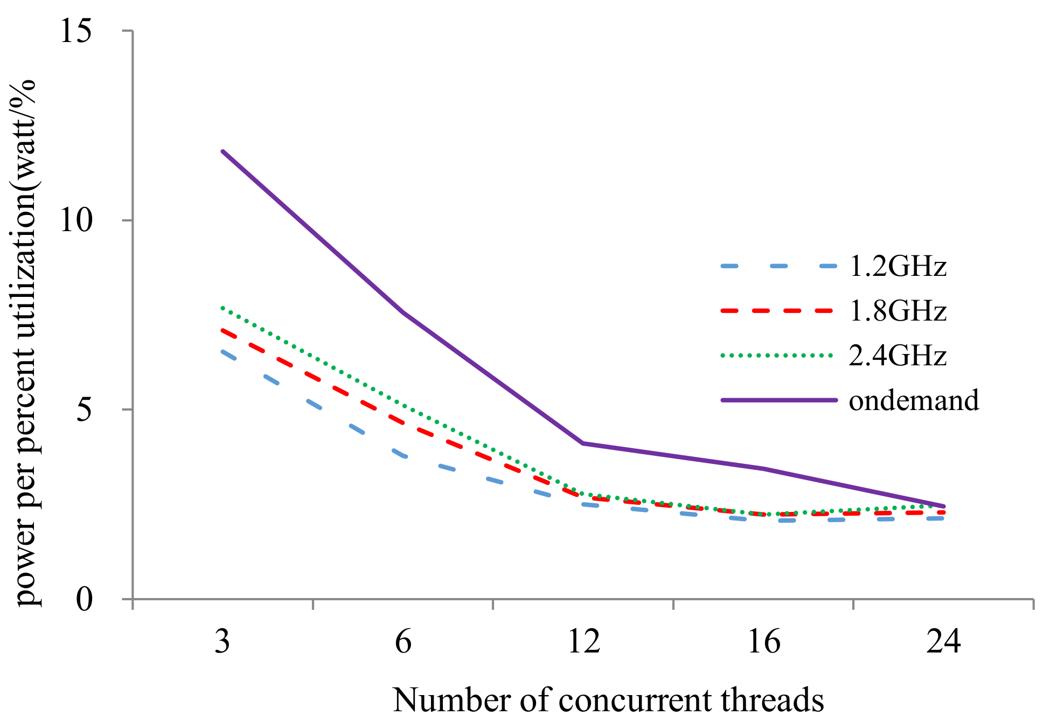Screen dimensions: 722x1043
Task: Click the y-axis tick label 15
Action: click(x=75, y=31)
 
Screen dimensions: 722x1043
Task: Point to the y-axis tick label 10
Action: click(x=75, y=220)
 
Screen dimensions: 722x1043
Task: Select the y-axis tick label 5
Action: click(x=84, y=410)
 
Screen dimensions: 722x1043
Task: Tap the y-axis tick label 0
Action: click(x=84, y=599)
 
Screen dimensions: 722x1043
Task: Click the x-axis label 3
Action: click(x=222, y=642)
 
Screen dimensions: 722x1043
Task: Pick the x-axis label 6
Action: click(x=403, y=642)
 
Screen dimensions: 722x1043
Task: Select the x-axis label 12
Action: click(x=583, y=642)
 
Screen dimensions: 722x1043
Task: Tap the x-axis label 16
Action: click(x=764, y=642)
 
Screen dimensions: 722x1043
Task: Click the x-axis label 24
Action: click(x=944, y=642)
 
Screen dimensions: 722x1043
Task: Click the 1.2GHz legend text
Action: click(x=898, y=266)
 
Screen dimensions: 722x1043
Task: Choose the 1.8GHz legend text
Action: click(x=898, y=311)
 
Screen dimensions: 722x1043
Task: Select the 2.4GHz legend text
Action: click(x=898, y=356)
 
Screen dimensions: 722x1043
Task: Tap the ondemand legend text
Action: click(x=914, y=400)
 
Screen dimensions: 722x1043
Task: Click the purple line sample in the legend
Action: click(x=778, y=400)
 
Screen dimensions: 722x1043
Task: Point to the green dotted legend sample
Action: click(x=778, y=356)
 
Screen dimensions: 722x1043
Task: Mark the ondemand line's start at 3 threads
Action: click(x=222, y=151)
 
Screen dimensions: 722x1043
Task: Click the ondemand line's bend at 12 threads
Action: click(x=583, y=443)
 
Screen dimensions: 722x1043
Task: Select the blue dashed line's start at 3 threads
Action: click(x=223, y=352)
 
